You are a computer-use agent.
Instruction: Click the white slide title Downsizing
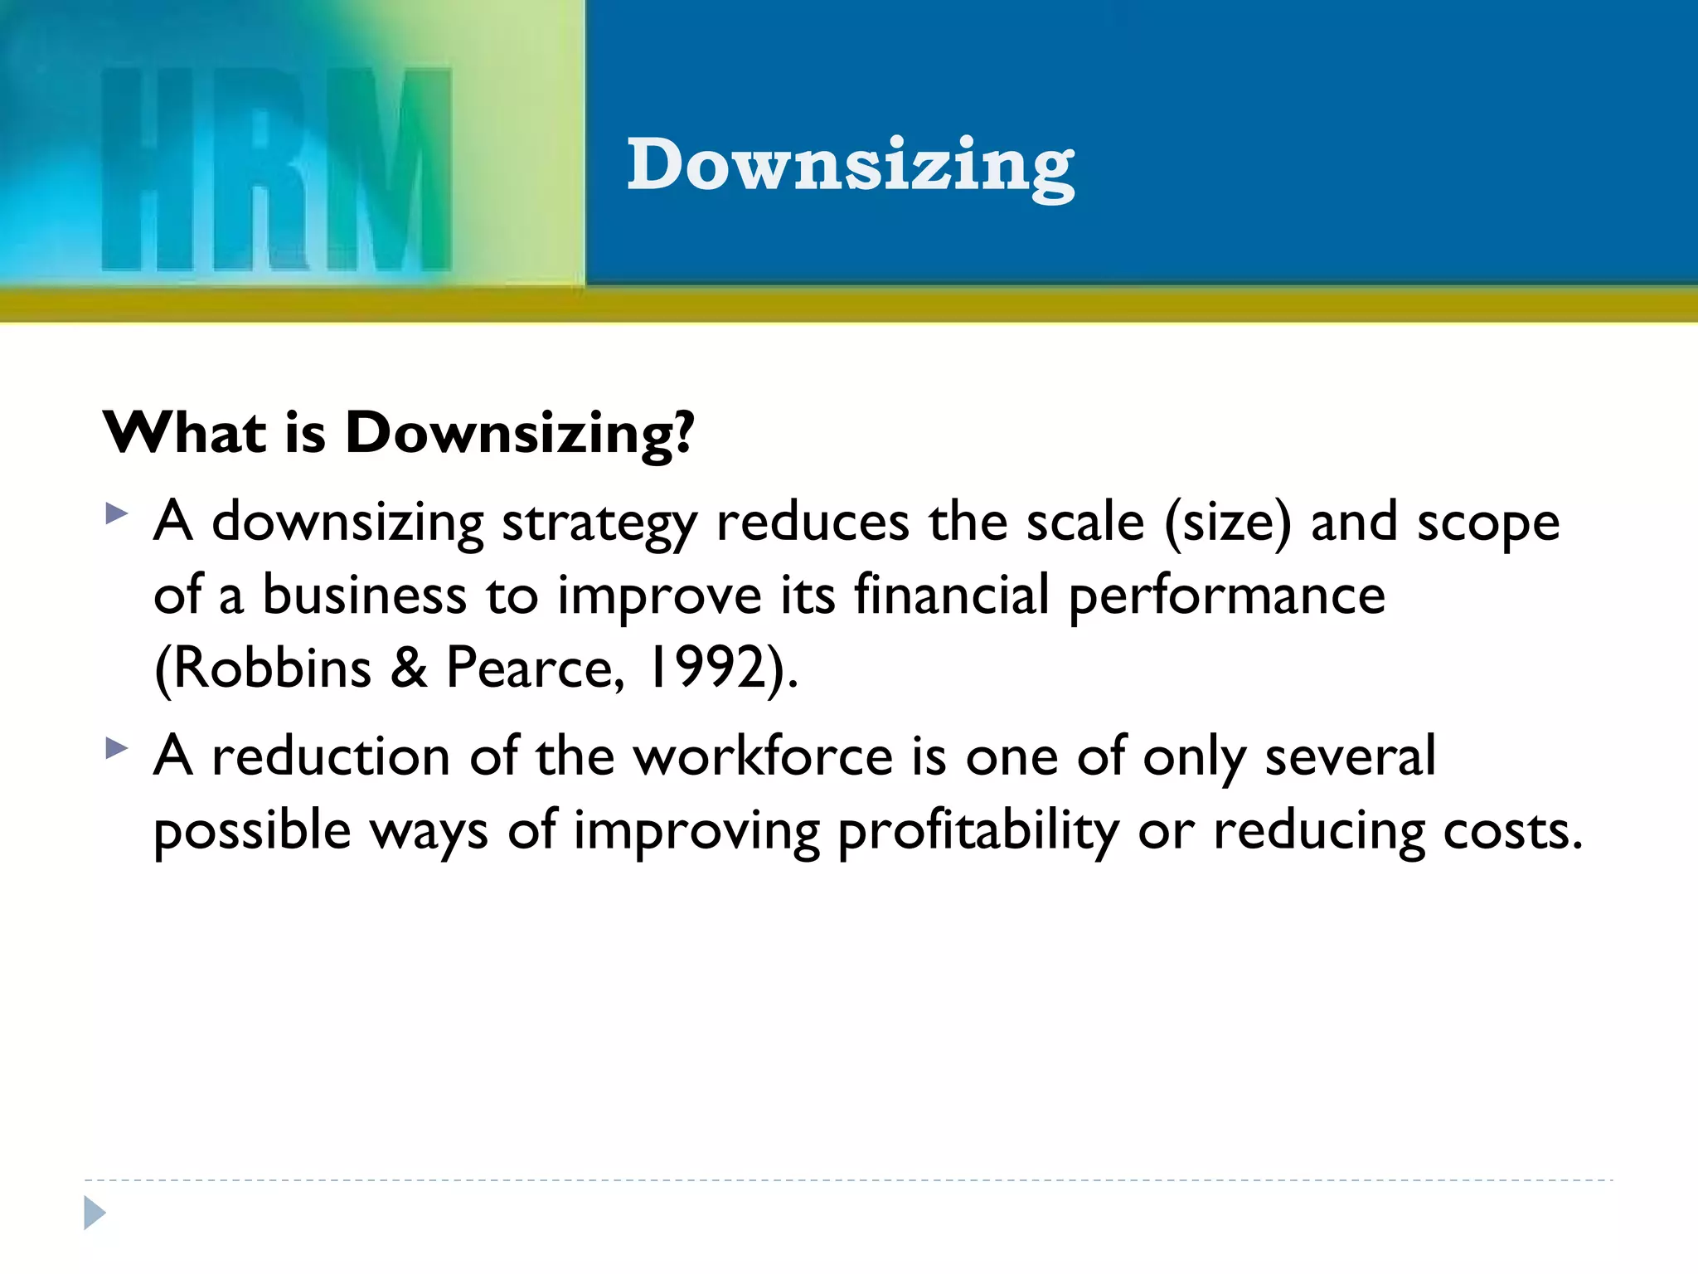(850, 166)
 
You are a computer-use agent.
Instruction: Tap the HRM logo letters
(276, 170)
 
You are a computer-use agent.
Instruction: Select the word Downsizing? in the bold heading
(519, 435)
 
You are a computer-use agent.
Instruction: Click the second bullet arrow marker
(117, 749)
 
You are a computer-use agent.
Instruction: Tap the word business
(365, 595)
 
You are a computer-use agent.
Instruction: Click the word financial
(952, 595)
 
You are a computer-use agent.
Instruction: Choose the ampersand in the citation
(409, 669)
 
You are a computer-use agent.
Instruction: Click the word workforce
(764, 756)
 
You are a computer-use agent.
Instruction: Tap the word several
(1350, 756)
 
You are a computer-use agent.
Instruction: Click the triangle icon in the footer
(95, 1213)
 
